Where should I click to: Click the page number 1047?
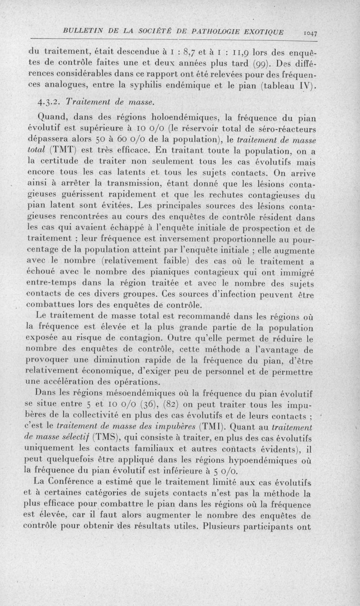[x=311, y=32]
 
